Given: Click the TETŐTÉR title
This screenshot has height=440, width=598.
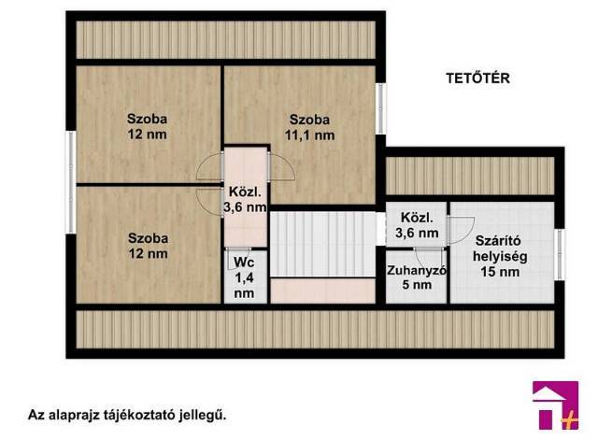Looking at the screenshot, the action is point(477,78).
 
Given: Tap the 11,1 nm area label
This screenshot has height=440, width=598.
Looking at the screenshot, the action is point(309,135).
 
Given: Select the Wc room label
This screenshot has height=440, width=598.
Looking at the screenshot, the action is point(244,262).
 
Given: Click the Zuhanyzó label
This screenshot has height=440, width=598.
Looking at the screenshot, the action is point(417,270).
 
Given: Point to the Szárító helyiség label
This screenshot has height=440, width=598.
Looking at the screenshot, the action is point(500,248).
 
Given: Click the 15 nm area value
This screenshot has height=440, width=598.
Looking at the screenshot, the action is point(500,272).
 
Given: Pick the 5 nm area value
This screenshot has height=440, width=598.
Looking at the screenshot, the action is point(417,284).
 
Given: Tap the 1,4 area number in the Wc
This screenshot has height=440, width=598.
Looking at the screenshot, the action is point(244,277).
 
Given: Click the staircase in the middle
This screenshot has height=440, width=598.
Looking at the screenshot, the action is point(323,244).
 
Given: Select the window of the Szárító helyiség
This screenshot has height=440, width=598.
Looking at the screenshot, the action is point(560,254).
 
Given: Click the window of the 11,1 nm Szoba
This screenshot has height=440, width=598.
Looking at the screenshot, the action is point(380,108).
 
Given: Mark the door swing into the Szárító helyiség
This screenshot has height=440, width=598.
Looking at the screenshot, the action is point(462,231).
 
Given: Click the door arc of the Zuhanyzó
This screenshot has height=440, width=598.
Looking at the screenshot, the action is point(430,258).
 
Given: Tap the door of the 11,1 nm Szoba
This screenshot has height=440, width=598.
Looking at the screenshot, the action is point(281,166).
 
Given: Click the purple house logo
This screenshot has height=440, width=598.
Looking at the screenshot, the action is point(555,405).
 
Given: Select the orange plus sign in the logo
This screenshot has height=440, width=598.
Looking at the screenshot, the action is point(570,421).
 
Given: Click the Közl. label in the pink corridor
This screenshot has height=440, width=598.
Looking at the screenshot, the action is point(245,192).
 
